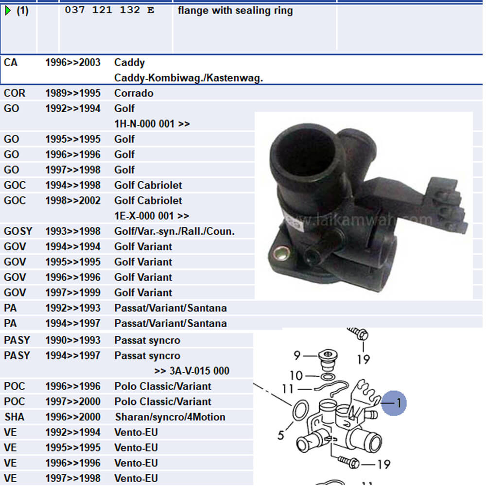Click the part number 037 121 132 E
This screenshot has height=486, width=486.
[x=109, y=10]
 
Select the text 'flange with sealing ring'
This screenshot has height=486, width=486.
[x=235, y=10]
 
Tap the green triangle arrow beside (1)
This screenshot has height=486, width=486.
[x=8, y=10]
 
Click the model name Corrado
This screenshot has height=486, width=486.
[x=134, y=93]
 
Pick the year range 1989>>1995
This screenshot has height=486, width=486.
[x=72, y=93]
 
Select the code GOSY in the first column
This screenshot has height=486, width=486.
[x=17, y=231]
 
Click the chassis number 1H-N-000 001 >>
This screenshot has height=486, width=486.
[x=152, y=124]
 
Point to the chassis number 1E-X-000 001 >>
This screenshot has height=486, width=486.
[x=152, y=216]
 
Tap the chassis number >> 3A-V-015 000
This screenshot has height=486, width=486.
[x=191, y=371]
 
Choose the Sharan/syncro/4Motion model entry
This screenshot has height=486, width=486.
[x=170, y=417]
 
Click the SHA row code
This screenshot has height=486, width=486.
[x=14, y=417]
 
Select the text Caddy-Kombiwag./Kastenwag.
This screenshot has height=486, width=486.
[x=189, y=78]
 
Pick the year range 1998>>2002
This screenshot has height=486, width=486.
[x=72, y=201]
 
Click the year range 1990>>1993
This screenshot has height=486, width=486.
[x=72, y=340]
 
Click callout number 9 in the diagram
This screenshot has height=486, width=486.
[x=297, y=356]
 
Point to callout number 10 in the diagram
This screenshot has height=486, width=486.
[x=296, y=376]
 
